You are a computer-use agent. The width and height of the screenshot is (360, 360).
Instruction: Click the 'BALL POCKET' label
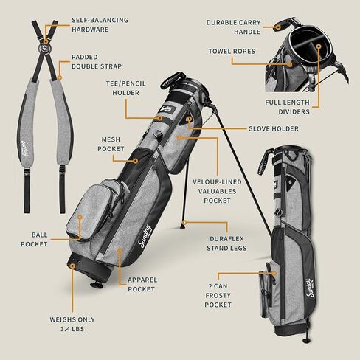pyautogui.click(x=34, y=239)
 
